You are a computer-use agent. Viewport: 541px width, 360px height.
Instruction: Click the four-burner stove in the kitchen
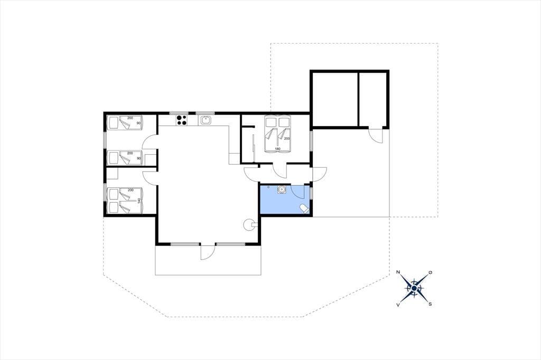(182, 120)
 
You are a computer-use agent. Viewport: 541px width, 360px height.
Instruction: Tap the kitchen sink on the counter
(206, 120)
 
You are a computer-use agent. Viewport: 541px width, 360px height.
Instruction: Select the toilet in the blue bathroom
(304, 209)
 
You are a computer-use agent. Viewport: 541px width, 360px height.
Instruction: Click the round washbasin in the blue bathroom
(282, 190)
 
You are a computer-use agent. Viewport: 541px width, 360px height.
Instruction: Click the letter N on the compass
(398, 272)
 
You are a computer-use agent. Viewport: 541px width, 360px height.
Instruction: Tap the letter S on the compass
(430, 304)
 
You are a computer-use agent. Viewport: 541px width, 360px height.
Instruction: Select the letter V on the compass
(398, 305)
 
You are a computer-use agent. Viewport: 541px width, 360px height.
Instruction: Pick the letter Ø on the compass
(430, 272)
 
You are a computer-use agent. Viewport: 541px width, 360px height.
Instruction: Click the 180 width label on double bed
(278, 149)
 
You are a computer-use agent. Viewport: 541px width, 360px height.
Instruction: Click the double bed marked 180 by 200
(277, 134)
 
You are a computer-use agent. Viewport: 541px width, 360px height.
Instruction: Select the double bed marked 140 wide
(125, 201)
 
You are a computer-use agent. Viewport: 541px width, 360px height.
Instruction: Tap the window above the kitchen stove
(179, 113)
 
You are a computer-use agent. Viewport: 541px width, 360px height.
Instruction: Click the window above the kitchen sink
(206, 113)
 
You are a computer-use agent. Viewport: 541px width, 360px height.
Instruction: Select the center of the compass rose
(414, 288)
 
